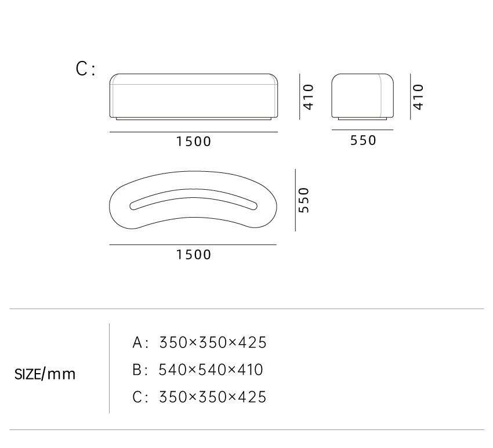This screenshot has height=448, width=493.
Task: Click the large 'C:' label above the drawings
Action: click(85, 69)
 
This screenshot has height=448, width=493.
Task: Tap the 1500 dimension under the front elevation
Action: click(193, 142)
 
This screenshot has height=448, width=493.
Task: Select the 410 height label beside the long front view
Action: click(309, 97)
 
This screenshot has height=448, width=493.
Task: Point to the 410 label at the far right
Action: click(418, 97)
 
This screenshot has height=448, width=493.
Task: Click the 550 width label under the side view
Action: click(363, 140)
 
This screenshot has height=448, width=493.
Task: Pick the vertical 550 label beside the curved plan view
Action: click(304, 200)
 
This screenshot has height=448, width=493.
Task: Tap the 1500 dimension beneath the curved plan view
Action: click(193, 255)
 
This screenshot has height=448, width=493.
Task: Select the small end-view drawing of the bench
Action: click(362, 97)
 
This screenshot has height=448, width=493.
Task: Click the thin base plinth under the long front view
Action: click(193, 119)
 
